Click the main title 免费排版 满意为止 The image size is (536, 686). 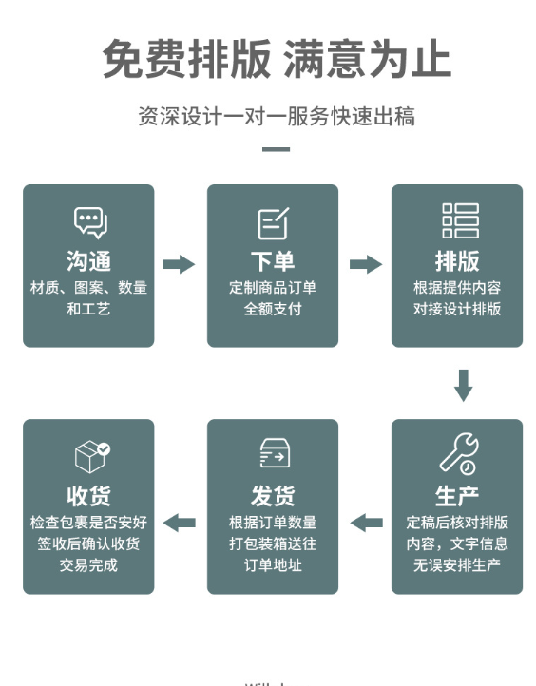(x=277, y=59)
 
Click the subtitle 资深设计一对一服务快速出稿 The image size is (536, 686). (x=277, y=116)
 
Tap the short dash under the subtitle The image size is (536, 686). (x=277, y=149)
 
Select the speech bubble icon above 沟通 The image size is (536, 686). (x=90, y=223)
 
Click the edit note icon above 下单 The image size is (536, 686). (x=273, y=223)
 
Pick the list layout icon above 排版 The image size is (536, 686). (x=460, y=221)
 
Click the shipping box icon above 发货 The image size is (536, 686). (x=275, y=453)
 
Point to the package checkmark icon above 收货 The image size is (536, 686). (x=92, y=456)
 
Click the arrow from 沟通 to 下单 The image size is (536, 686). (x=179, y=264)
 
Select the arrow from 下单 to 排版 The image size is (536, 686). (x=366, y=264)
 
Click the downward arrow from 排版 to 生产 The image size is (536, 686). (x=464, y=386)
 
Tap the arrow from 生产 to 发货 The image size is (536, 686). (x=366, y=523)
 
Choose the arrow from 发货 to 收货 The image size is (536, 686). (x=179, y=523)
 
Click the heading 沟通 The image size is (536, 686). (x=88, y=261)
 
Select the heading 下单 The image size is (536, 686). (x=273, y=261)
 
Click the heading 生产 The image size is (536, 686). (x=457, y=496)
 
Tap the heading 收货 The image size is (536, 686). (x=88, y=496)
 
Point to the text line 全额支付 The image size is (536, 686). (x=273, y=309)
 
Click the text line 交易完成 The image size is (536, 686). (x=88, y=564)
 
